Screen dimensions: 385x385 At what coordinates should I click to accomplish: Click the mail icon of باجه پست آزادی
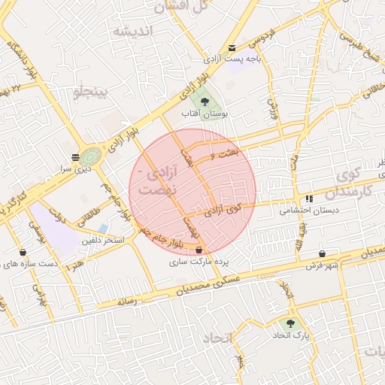coord(231,47)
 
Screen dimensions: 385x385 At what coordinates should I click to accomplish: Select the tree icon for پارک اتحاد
coord(291,323)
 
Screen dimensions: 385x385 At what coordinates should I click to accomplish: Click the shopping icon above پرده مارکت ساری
coord(199,250)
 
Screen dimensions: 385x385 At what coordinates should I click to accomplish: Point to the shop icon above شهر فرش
coord(323,254)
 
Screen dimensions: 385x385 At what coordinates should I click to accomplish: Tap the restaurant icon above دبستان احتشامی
coord(308,199)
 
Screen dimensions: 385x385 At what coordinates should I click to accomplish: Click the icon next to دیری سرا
coord(75,157)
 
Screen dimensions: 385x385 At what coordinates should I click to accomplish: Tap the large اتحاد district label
coord(218,338)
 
